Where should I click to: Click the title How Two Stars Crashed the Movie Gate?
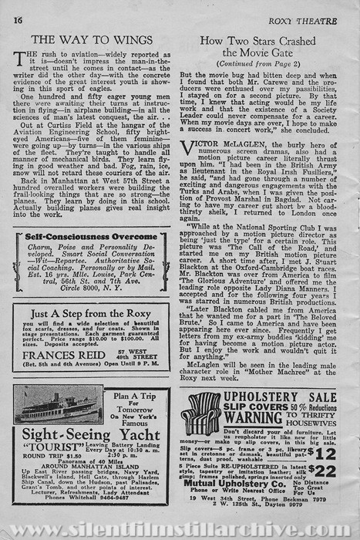[262, 46]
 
